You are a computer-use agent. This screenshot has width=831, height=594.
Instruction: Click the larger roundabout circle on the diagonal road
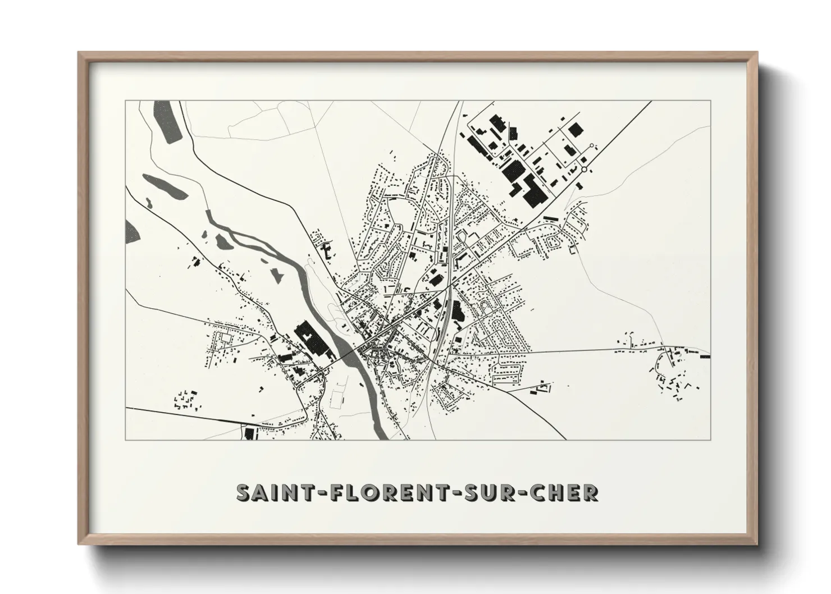584,168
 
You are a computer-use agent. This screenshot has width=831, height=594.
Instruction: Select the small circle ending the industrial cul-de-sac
591,145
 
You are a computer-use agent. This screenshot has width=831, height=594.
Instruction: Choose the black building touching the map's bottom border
249,434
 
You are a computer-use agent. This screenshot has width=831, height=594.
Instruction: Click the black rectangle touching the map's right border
705,356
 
